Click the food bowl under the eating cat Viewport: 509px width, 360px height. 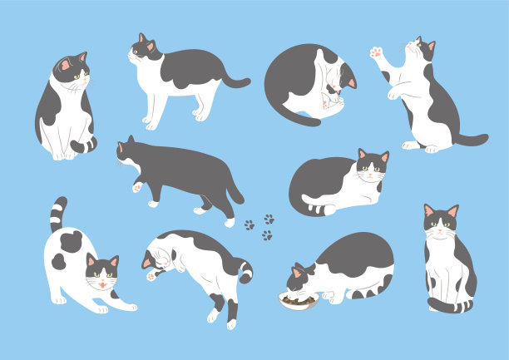(298, 301)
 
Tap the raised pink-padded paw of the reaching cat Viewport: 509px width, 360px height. (377, 54)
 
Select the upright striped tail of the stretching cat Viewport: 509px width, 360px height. (57, 214)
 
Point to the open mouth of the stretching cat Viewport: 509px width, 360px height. (101, 284)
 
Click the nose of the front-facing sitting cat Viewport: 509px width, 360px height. (440, 228)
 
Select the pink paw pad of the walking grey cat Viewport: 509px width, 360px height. (136, 187)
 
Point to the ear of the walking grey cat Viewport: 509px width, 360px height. (121, 147)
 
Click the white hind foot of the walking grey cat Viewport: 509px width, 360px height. (230, 222)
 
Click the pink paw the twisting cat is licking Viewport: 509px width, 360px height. (151, 275)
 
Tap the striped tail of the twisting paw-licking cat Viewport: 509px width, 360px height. (245, 270)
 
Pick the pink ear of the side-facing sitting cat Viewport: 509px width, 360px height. (65, 65)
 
